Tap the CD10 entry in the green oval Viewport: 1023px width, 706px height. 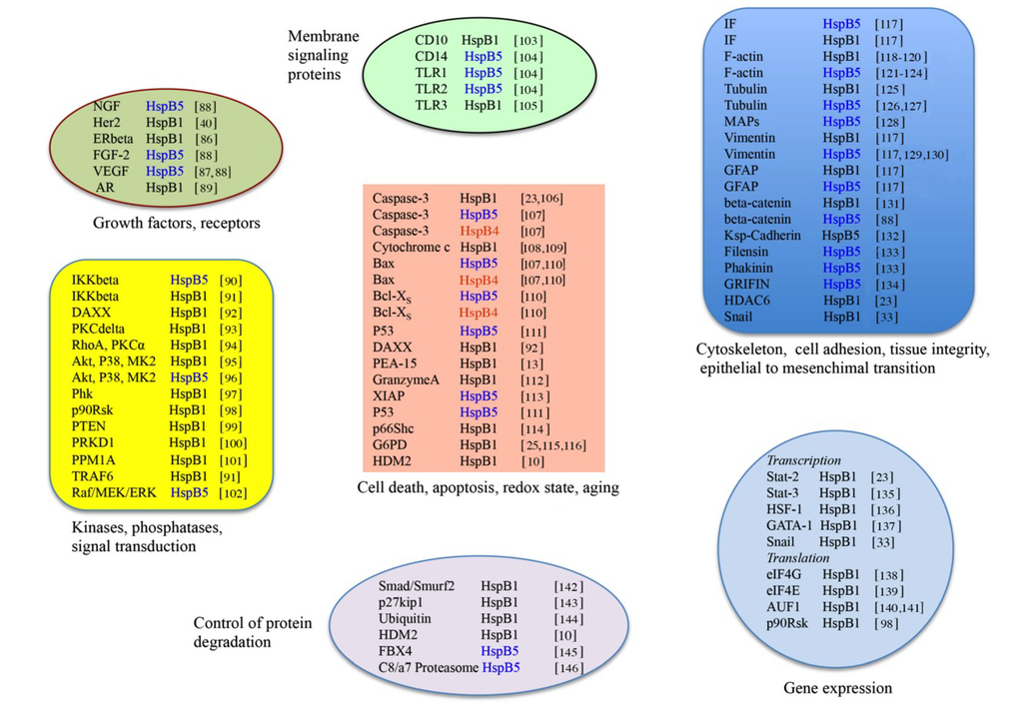pos(432,40)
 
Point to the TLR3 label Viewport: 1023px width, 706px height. pos(432,105)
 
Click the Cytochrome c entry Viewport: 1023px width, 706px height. pos(411,247)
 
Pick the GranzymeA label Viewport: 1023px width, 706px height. pos(404,378)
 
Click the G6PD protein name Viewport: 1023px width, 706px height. pos(389,444)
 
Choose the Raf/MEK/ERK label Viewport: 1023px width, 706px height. pos(113,492)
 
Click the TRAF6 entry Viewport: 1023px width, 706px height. pos(92,476)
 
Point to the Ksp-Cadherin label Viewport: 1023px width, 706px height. pos(764,235)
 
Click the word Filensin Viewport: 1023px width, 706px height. pos(747,252)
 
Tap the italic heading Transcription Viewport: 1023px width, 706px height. pos(804,460)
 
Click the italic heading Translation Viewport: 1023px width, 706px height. pos(798,558)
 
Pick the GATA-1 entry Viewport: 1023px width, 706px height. pos(788,525)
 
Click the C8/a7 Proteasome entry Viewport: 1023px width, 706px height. pos(428,667)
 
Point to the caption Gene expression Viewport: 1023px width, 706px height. pos(837,688)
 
